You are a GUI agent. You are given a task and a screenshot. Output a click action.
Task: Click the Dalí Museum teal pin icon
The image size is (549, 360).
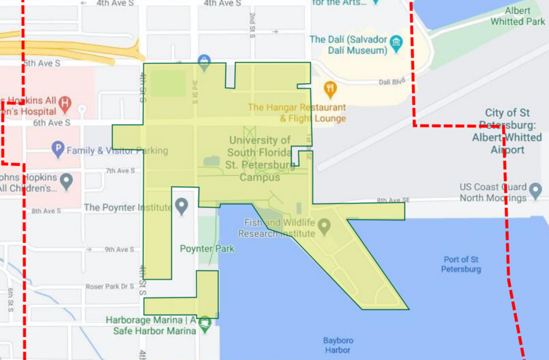[396, 44]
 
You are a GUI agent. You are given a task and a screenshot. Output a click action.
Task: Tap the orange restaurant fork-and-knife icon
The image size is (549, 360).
[329, 88]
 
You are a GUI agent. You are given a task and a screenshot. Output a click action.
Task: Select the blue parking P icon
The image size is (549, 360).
[58, 150]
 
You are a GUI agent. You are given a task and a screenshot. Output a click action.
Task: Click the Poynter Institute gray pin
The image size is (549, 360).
[182, 205]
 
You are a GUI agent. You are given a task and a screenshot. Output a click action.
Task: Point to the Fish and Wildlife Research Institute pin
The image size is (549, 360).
[324, 225]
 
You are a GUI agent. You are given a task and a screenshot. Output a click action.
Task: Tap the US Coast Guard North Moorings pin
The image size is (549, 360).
[536, 190]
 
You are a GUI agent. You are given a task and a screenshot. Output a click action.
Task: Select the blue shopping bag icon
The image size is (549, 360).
[204, 62]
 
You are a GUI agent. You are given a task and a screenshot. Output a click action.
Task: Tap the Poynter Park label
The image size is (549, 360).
[207, 249]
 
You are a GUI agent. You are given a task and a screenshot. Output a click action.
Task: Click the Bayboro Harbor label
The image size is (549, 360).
[338, 345]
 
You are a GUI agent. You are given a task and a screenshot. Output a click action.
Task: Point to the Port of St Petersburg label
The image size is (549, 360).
[461, 264]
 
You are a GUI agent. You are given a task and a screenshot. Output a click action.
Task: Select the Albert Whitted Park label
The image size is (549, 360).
[517, 16]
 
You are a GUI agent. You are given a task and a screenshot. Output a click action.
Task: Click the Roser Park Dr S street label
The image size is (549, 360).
[110, 286]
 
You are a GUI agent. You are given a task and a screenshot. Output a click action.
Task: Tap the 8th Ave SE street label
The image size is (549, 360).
[394, 200]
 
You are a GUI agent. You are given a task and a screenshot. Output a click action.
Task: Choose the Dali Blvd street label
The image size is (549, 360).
[391, 82]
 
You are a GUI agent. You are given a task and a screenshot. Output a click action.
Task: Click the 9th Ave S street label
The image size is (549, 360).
[120, 249]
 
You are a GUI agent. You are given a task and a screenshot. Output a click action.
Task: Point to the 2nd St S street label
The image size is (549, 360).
[252, 25]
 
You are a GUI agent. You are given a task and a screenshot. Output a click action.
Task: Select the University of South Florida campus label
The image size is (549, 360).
[260, 159]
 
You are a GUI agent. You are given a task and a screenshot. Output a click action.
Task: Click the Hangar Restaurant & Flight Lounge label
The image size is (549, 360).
[297, 112]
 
